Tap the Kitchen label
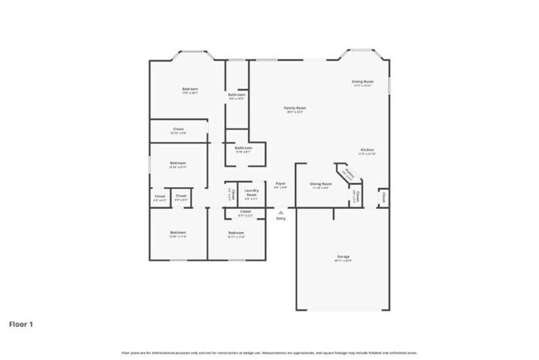[367, 150]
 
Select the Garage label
[343, 256]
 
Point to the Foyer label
[280, 183]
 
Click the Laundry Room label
[251, 194]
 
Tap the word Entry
[280, 218]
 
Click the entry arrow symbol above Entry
[280, 212]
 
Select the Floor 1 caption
[22, 324]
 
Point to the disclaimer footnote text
[269, 353]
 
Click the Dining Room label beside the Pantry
[321, 183]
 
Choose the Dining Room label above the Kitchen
[362, 81]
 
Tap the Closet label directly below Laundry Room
[245, 212]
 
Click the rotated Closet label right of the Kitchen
[383, 197]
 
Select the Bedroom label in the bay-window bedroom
[190, 89]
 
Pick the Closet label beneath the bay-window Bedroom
[178, 129]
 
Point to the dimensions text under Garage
[343, 261]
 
